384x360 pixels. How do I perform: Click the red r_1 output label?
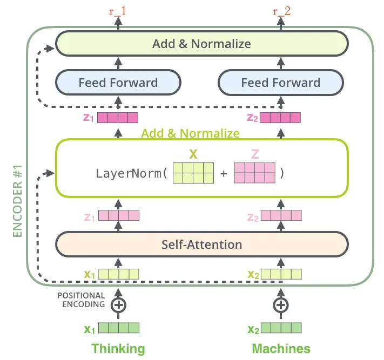[118, 10]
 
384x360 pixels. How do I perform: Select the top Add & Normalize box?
[201, 43]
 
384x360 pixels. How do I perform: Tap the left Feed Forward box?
[118, 83]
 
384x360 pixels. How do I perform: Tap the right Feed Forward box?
[280, 83]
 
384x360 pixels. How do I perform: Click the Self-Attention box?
[201, 244]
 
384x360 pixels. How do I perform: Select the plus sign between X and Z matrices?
[224, 174]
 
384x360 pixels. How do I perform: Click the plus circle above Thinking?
[118, 304]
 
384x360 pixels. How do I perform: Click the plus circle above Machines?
[280, 304]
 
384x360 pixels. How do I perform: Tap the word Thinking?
[118, 348]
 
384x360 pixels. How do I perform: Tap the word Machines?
[280, 348]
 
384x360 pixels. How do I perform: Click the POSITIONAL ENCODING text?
[81, 300]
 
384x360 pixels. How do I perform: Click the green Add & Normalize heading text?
[190, 133]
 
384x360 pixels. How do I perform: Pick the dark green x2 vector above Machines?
[281, 328]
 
